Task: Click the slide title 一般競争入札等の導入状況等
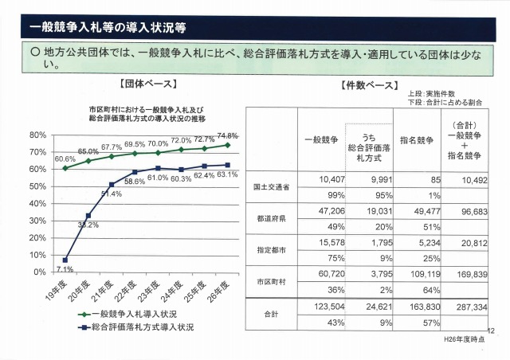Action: point(108,27)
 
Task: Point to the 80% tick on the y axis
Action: point(37,134)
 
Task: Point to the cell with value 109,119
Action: point(416,272)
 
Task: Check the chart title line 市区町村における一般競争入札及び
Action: point(147,108)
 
